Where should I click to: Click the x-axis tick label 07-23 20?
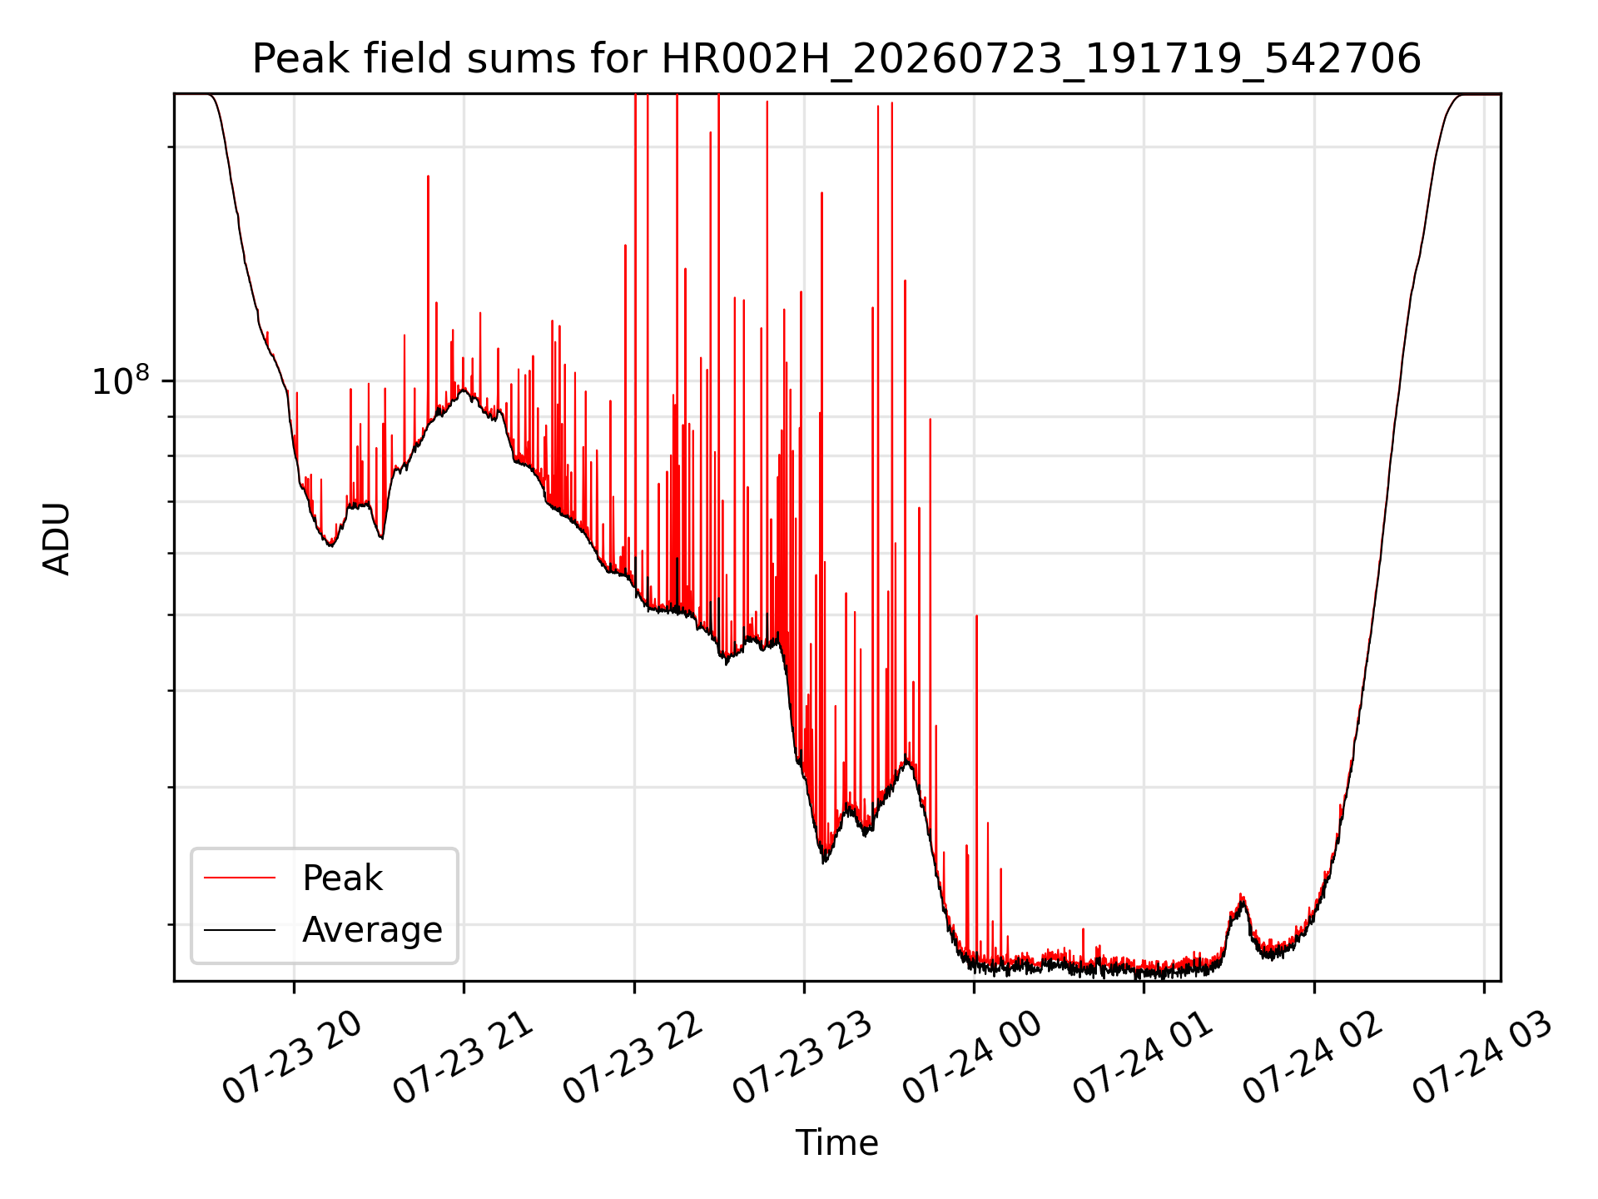click(x=293, y=1057)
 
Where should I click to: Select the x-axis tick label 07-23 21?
click(x=464, y=1057)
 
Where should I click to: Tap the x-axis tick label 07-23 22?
click(x=634, y=1057)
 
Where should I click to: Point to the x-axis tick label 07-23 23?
click(x=804, y=1057)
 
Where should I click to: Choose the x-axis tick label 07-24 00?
click(x=974, y=1057)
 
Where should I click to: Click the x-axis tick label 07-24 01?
click(x=1144, y=1057)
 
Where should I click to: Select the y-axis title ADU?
click(x=57, y=539)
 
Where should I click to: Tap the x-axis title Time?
click(x=836, y=1143)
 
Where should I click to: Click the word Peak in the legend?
click(x=342, y=878)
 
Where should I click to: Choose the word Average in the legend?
click(x=372, y=930)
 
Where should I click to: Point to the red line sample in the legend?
click(x=240, y=878)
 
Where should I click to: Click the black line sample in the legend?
click(x=240, y=929)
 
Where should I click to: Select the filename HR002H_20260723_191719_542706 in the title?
click(x=1041, y=59)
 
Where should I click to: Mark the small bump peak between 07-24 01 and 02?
click(x=1241, y=895)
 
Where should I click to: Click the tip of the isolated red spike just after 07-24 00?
click(x=976, y=616)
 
